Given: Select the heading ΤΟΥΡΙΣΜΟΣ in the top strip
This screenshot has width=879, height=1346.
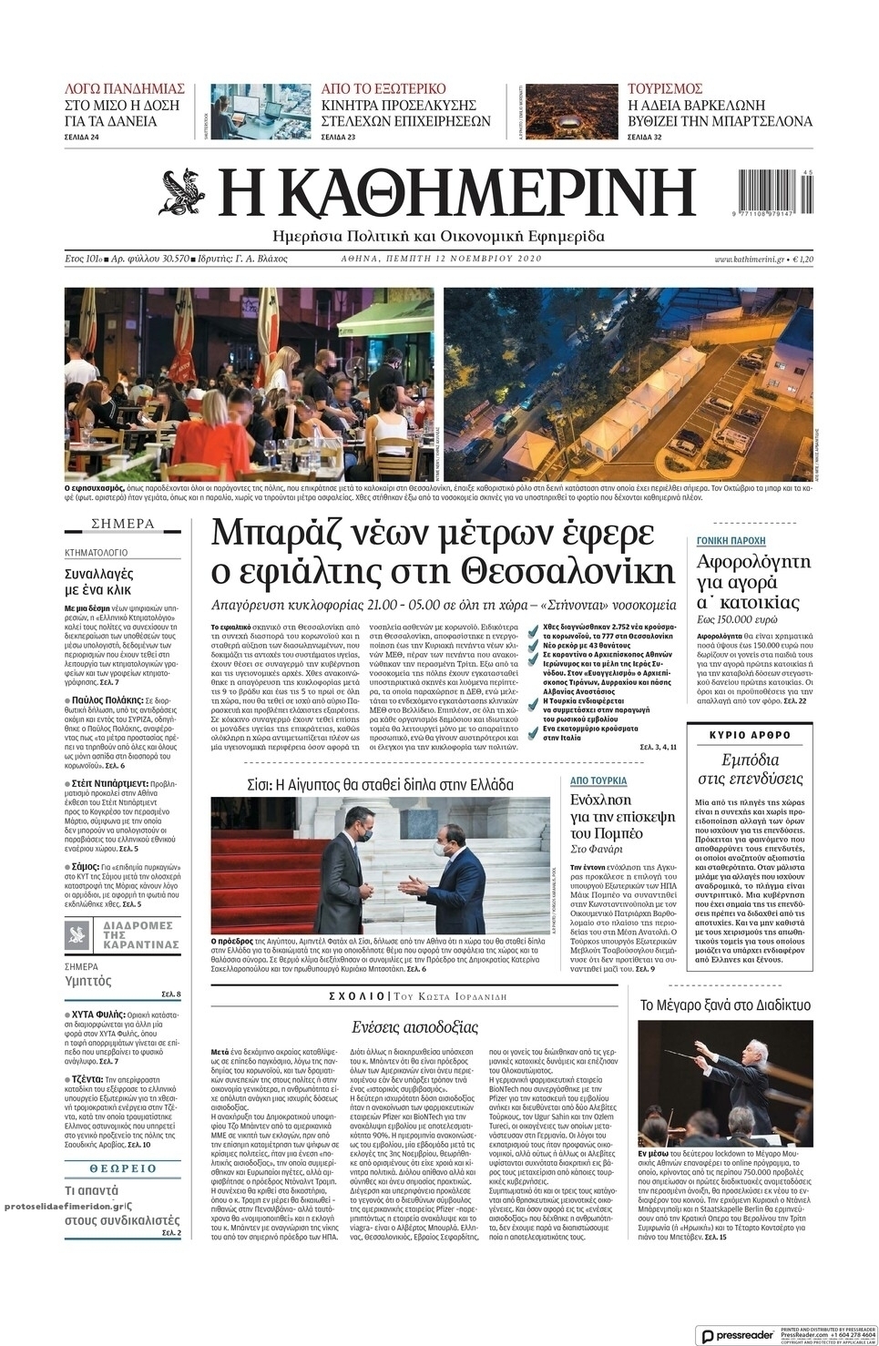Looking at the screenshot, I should pos(664,88).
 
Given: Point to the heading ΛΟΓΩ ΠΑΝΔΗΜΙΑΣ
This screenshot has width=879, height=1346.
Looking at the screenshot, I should pos(124,88).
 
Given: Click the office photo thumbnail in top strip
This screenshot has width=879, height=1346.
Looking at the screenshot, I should pos(261,112).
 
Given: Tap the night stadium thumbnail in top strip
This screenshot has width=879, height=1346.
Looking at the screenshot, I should pos(571,112).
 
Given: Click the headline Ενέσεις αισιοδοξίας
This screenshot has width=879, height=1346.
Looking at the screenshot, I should pos(414,1027).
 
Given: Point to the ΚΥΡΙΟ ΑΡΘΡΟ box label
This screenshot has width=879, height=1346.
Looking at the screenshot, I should pos(750,735).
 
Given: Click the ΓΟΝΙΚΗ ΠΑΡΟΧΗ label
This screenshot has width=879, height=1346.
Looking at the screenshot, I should pos(731,541).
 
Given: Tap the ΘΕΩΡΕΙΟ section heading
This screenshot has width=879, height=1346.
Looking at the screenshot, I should pos(123,1168).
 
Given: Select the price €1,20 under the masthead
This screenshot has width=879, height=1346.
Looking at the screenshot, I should pos(802,260).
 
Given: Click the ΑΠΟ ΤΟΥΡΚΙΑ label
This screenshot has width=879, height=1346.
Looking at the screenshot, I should pos(598,780).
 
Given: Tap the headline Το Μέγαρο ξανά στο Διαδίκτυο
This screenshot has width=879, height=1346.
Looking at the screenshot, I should pos(725,1005).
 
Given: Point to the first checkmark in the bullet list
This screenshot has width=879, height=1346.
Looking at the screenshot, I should pos(532,628).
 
